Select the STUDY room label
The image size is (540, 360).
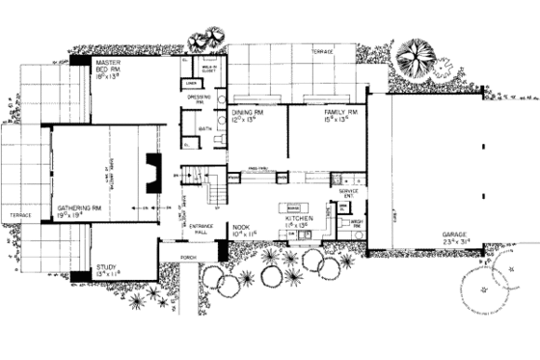[x=107, y=270]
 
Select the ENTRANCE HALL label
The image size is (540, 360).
[x=200, y=228]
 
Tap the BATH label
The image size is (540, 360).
[x=205, y=126]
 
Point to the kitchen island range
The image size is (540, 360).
[x=293, y=208]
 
